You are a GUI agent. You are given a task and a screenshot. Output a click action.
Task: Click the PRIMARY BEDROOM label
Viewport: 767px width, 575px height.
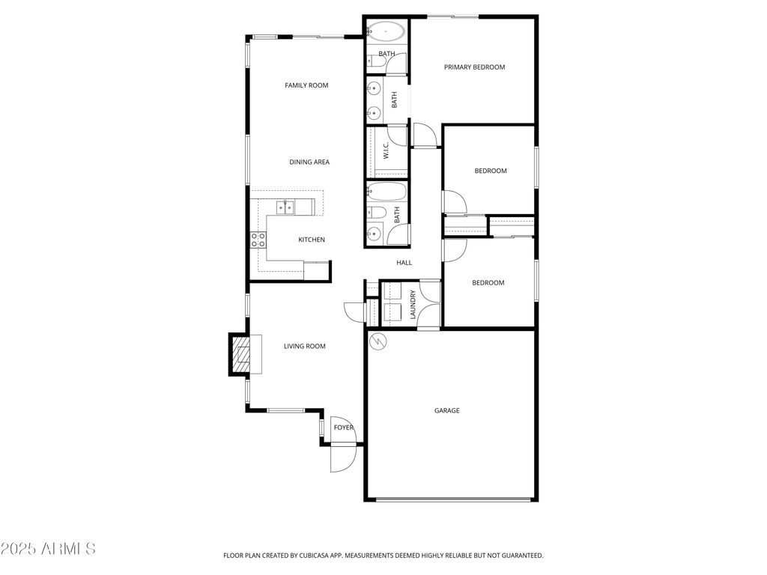(x=474, y=67)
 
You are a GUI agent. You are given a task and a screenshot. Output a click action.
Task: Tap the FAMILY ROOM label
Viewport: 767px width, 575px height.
(x=306, y=85)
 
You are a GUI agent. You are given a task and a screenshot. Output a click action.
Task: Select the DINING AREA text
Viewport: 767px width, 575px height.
(x=309, y=162)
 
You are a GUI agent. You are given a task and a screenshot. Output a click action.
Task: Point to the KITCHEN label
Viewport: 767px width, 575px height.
(x=312, y=240)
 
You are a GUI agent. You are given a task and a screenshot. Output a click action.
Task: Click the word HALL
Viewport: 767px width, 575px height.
(x=404, y=263)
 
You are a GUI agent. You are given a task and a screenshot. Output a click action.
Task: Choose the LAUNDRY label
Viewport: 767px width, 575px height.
(x=413, y=305)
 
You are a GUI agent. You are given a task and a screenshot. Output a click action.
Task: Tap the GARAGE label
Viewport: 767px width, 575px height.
(x=447, y=411)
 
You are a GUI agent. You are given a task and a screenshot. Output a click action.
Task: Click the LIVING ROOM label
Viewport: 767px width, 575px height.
(x=304, y=347)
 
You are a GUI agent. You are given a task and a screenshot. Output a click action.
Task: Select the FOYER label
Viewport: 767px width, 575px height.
(x=343, y=428)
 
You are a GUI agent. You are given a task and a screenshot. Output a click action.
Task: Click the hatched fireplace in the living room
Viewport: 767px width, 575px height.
(x=240, y=354)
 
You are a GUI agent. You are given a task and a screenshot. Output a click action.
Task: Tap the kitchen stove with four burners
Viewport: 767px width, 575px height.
(x=258, y=240)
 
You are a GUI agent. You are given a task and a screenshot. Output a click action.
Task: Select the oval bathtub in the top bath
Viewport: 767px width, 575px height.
(x=386, y=32)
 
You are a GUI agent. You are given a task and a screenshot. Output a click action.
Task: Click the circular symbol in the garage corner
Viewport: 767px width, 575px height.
(x=379, y=341)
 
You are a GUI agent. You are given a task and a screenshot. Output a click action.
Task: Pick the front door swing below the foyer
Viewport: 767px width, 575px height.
(x=341, y=456)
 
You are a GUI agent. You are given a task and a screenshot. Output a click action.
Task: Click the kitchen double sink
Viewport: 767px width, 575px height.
(x=285, y=207)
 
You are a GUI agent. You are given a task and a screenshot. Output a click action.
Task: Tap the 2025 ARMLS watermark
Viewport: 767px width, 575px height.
(x=48, y=549)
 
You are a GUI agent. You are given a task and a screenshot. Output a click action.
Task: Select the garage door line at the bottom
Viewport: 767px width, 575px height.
(x=454, y=499)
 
